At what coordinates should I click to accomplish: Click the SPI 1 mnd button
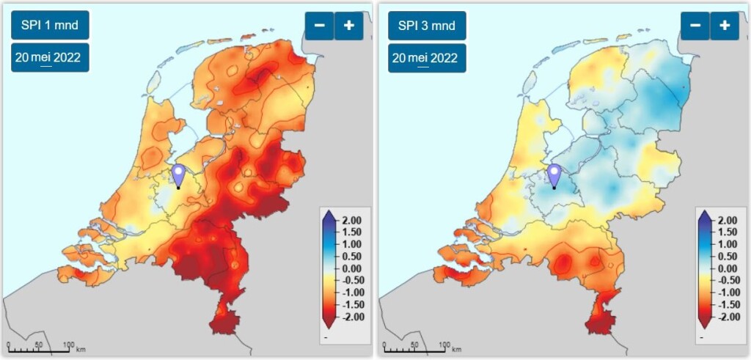(x=50, y=25)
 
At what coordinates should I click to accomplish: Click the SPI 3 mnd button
(x=426, y=25)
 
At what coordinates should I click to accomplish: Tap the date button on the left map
(x=50, y=57)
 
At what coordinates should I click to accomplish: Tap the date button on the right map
(x=426, y=57)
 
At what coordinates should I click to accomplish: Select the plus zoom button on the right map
(x=725, y=25)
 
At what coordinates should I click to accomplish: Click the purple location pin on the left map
(x=178, y=175)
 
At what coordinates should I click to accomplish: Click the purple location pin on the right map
(x=554, y=175)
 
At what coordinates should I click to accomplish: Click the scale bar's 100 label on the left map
(x=68, y=345)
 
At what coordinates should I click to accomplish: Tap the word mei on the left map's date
(x=49, y=57)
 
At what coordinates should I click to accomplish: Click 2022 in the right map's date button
(x=445, y=57)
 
